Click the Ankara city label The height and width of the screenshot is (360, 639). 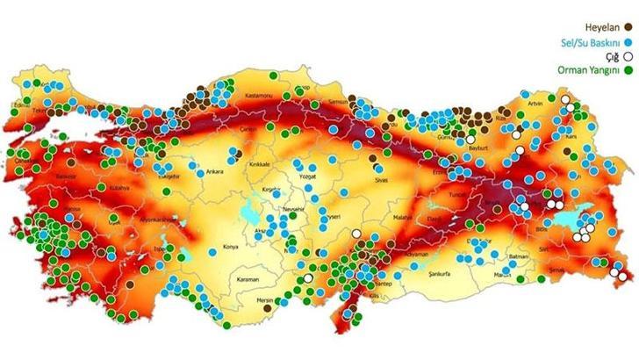pyautogui.click(x=214, y=172)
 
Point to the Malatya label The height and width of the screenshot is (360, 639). pyautogui.click(x=403, y=216)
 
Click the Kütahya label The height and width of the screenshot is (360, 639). pyautogui.click(x=118, y=188)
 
